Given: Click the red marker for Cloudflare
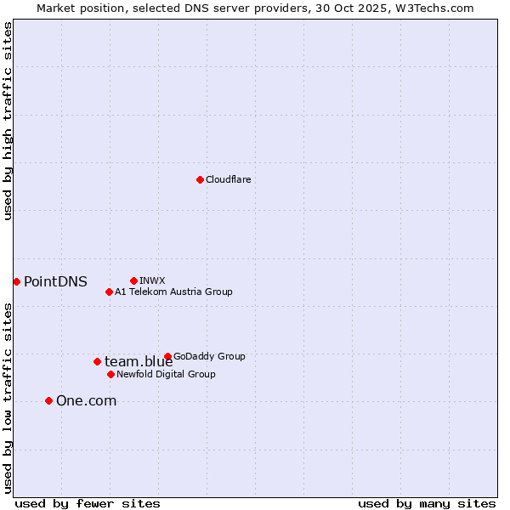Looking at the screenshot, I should (x=200, y=179).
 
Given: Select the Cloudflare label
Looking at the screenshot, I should (x=228, y=179).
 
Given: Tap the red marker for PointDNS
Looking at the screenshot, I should (x=16, y=281).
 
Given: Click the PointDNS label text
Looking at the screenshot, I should (x=55, y=282).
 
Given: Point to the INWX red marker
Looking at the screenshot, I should (x=133, y=280).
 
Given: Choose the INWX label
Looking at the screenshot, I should (x=152, y=280).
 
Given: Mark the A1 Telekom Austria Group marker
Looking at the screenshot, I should (x=109, y=292).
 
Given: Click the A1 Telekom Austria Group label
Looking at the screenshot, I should (x=173, y=292).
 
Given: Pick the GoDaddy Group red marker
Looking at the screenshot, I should (x=167, y=356).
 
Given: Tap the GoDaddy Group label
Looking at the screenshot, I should (x=208, y=356).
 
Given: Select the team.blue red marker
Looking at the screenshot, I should (x=97, y=361).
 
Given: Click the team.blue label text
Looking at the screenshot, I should (x=139, y=362).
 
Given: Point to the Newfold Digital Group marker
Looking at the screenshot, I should (x=110, y=374).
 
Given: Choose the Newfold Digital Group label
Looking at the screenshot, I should (x=166, y=374).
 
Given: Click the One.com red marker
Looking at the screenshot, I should (x=48, y=400).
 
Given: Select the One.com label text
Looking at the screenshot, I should (x=86, y=401).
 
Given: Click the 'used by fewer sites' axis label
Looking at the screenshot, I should (x=88, y=503).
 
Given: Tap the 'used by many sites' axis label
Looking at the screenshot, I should (x=427, y=503).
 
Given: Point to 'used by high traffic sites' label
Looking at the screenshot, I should (x=8, y=121).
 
